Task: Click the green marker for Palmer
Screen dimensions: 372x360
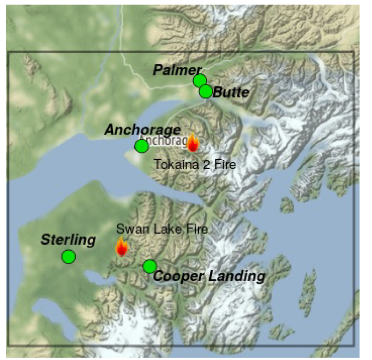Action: [x=199, y=81]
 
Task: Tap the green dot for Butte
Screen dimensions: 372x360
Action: [x=206, y=91]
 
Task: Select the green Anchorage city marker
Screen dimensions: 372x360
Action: [x=141, y=146]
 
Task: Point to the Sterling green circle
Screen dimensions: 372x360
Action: [x=68, y=256]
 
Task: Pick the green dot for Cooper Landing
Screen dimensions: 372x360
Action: [x=149, y=266]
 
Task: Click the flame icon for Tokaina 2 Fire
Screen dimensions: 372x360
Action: [x=192, y=143]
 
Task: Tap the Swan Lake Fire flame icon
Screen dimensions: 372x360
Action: [x=121, y=246]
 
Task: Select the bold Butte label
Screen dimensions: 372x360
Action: [x=231, y=92]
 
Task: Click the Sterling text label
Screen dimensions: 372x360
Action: [x=68, y=240]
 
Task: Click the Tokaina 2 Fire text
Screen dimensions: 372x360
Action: [x=194, y=164]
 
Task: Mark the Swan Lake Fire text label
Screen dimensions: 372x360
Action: [x=162, y=229]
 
